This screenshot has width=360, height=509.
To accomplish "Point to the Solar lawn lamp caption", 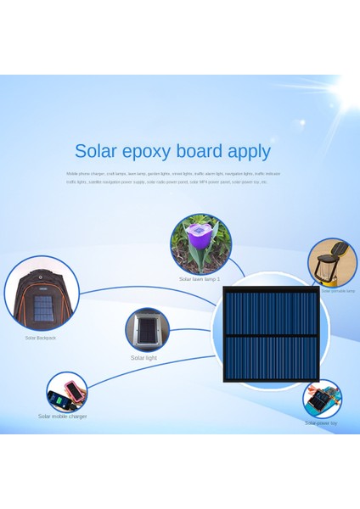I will [200, 278].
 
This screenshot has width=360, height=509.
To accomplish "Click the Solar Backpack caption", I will [40, 338].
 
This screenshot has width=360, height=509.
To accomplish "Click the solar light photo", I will [147, 330].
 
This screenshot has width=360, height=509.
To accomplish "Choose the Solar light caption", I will [143, 358].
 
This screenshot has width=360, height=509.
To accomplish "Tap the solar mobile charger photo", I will [66, 393].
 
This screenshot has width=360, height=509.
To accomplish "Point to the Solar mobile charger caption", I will [62, 417].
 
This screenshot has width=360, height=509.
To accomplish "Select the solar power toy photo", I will [323, 399].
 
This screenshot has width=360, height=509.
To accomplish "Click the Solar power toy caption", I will [321, 422].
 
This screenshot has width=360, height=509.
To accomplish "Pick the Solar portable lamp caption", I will [338, 290].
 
